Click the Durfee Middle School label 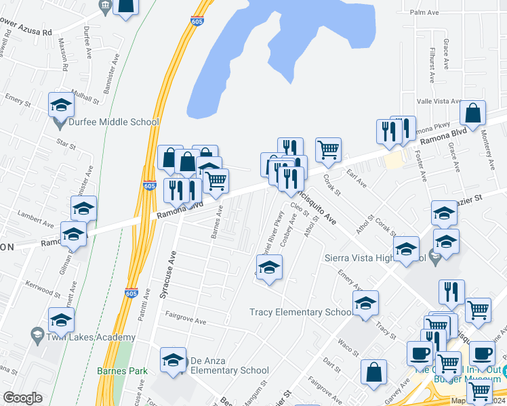tap(115, 122)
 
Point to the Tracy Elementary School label tap(301, 312)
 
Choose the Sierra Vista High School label tap(380, 258)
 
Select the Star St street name tap(65, 143)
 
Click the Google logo tap(22, 398)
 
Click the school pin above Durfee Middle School tap(61, 106)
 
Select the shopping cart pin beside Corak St tap(328, 150)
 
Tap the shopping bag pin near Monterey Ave tap(473, 113)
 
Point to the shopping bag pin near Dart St tap(374, 372)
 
